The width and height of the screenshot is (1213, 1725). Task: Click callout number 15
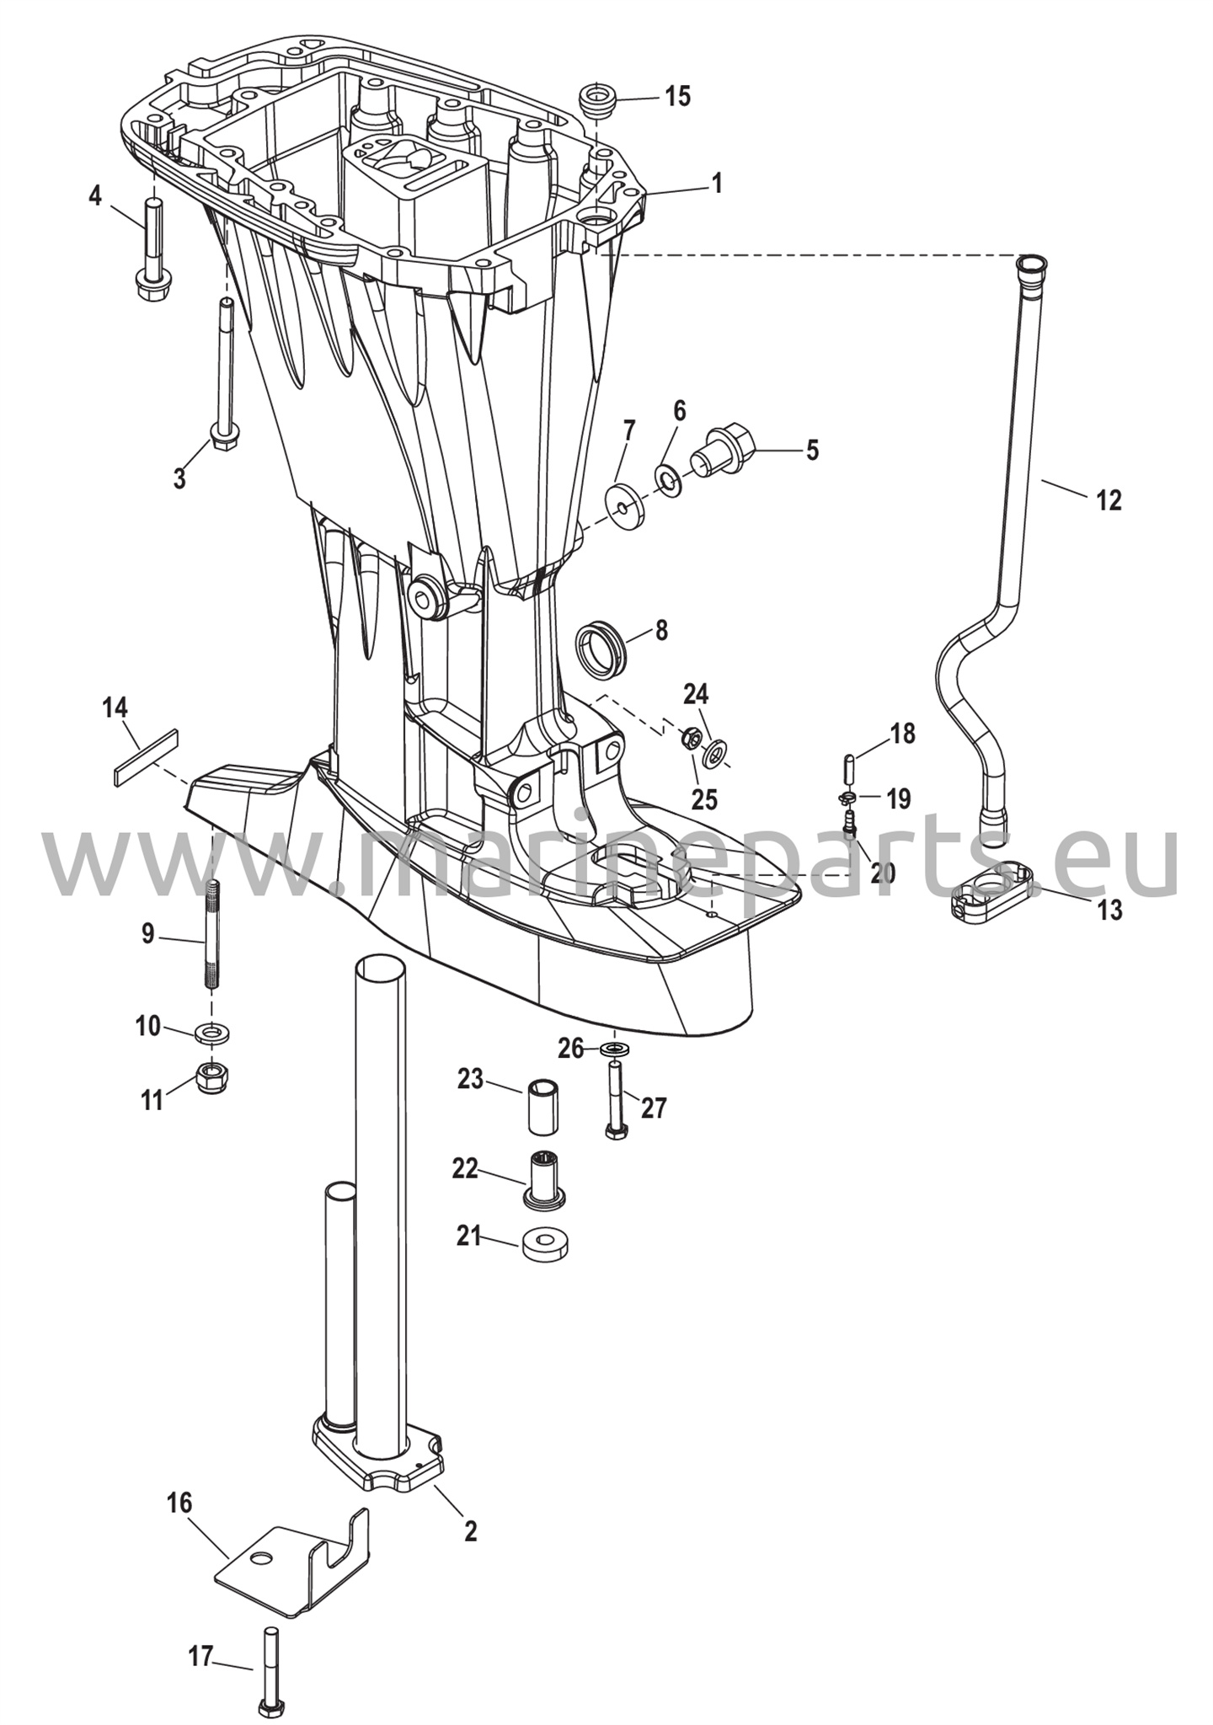677,96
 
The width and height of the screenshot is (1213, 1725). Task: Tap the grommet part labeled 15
597,100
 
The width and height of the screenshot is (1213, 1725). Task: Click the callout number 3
179,478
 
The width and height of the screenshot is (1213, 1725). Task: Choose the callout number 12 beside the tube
1109,500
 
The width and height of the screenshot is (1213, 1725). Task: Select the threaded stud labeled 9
212,934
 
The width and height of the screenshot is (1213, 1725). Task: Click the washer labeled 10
212,1031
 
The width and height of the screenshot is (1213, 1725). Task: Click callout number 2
470,1530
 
